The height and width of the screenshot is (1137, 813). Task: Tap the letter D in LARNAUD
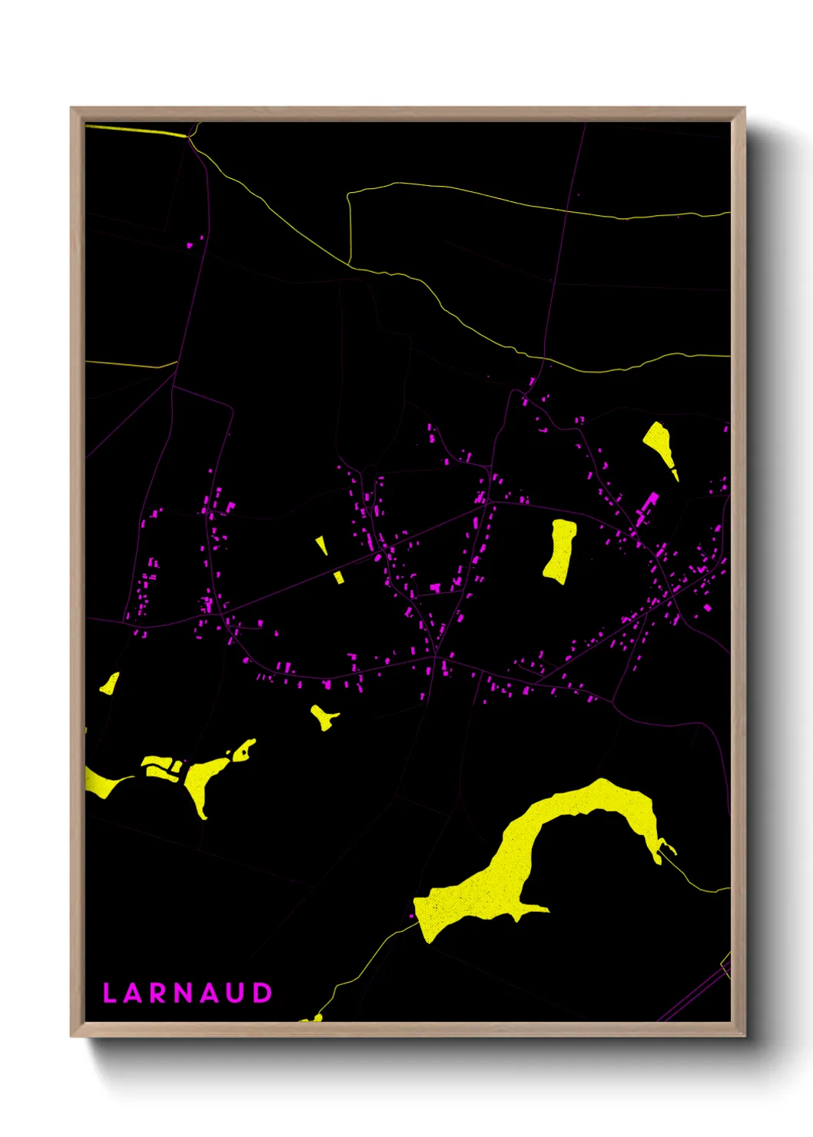pyautogui.click(x=263, y=993)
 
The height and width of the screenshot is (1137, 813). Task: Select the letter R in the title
pyautogui.click(x=159, y=993)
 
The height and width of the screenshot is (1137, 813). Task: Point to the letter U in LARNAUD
pyautogui.click(x=237, y=993)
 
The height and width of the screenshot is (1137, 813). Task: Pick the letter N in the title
pyautogui.click(x=184, y=993)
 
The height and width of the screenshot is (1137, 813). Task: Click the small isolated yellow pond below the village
pyautogui.click(x=324, y=718)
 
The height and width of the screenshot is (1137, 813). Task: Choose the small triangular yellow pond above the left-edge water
pyautogui.click(x=111, y=684)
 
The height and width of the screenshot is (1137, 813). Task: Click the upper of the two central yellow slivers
pyautogui.click(x=322, y=545)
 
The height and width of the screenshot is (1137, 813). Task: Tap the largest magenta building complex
pyautogui.click(x=647, y=507)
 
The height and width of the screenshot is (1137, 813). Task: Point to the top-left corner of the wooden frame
pyautogui.click(x=72, y=109)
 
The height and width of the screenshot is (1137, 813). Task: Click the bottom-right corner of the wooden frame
pyautogui.click(x=743, y=1035)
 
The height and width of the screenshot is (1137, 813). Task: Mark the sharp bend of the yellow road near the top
pyautogui.click(x=350, y=194)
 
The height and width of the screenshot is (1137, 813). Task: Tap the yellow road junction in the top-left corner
pyautogui.click(x=189, y=138)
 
